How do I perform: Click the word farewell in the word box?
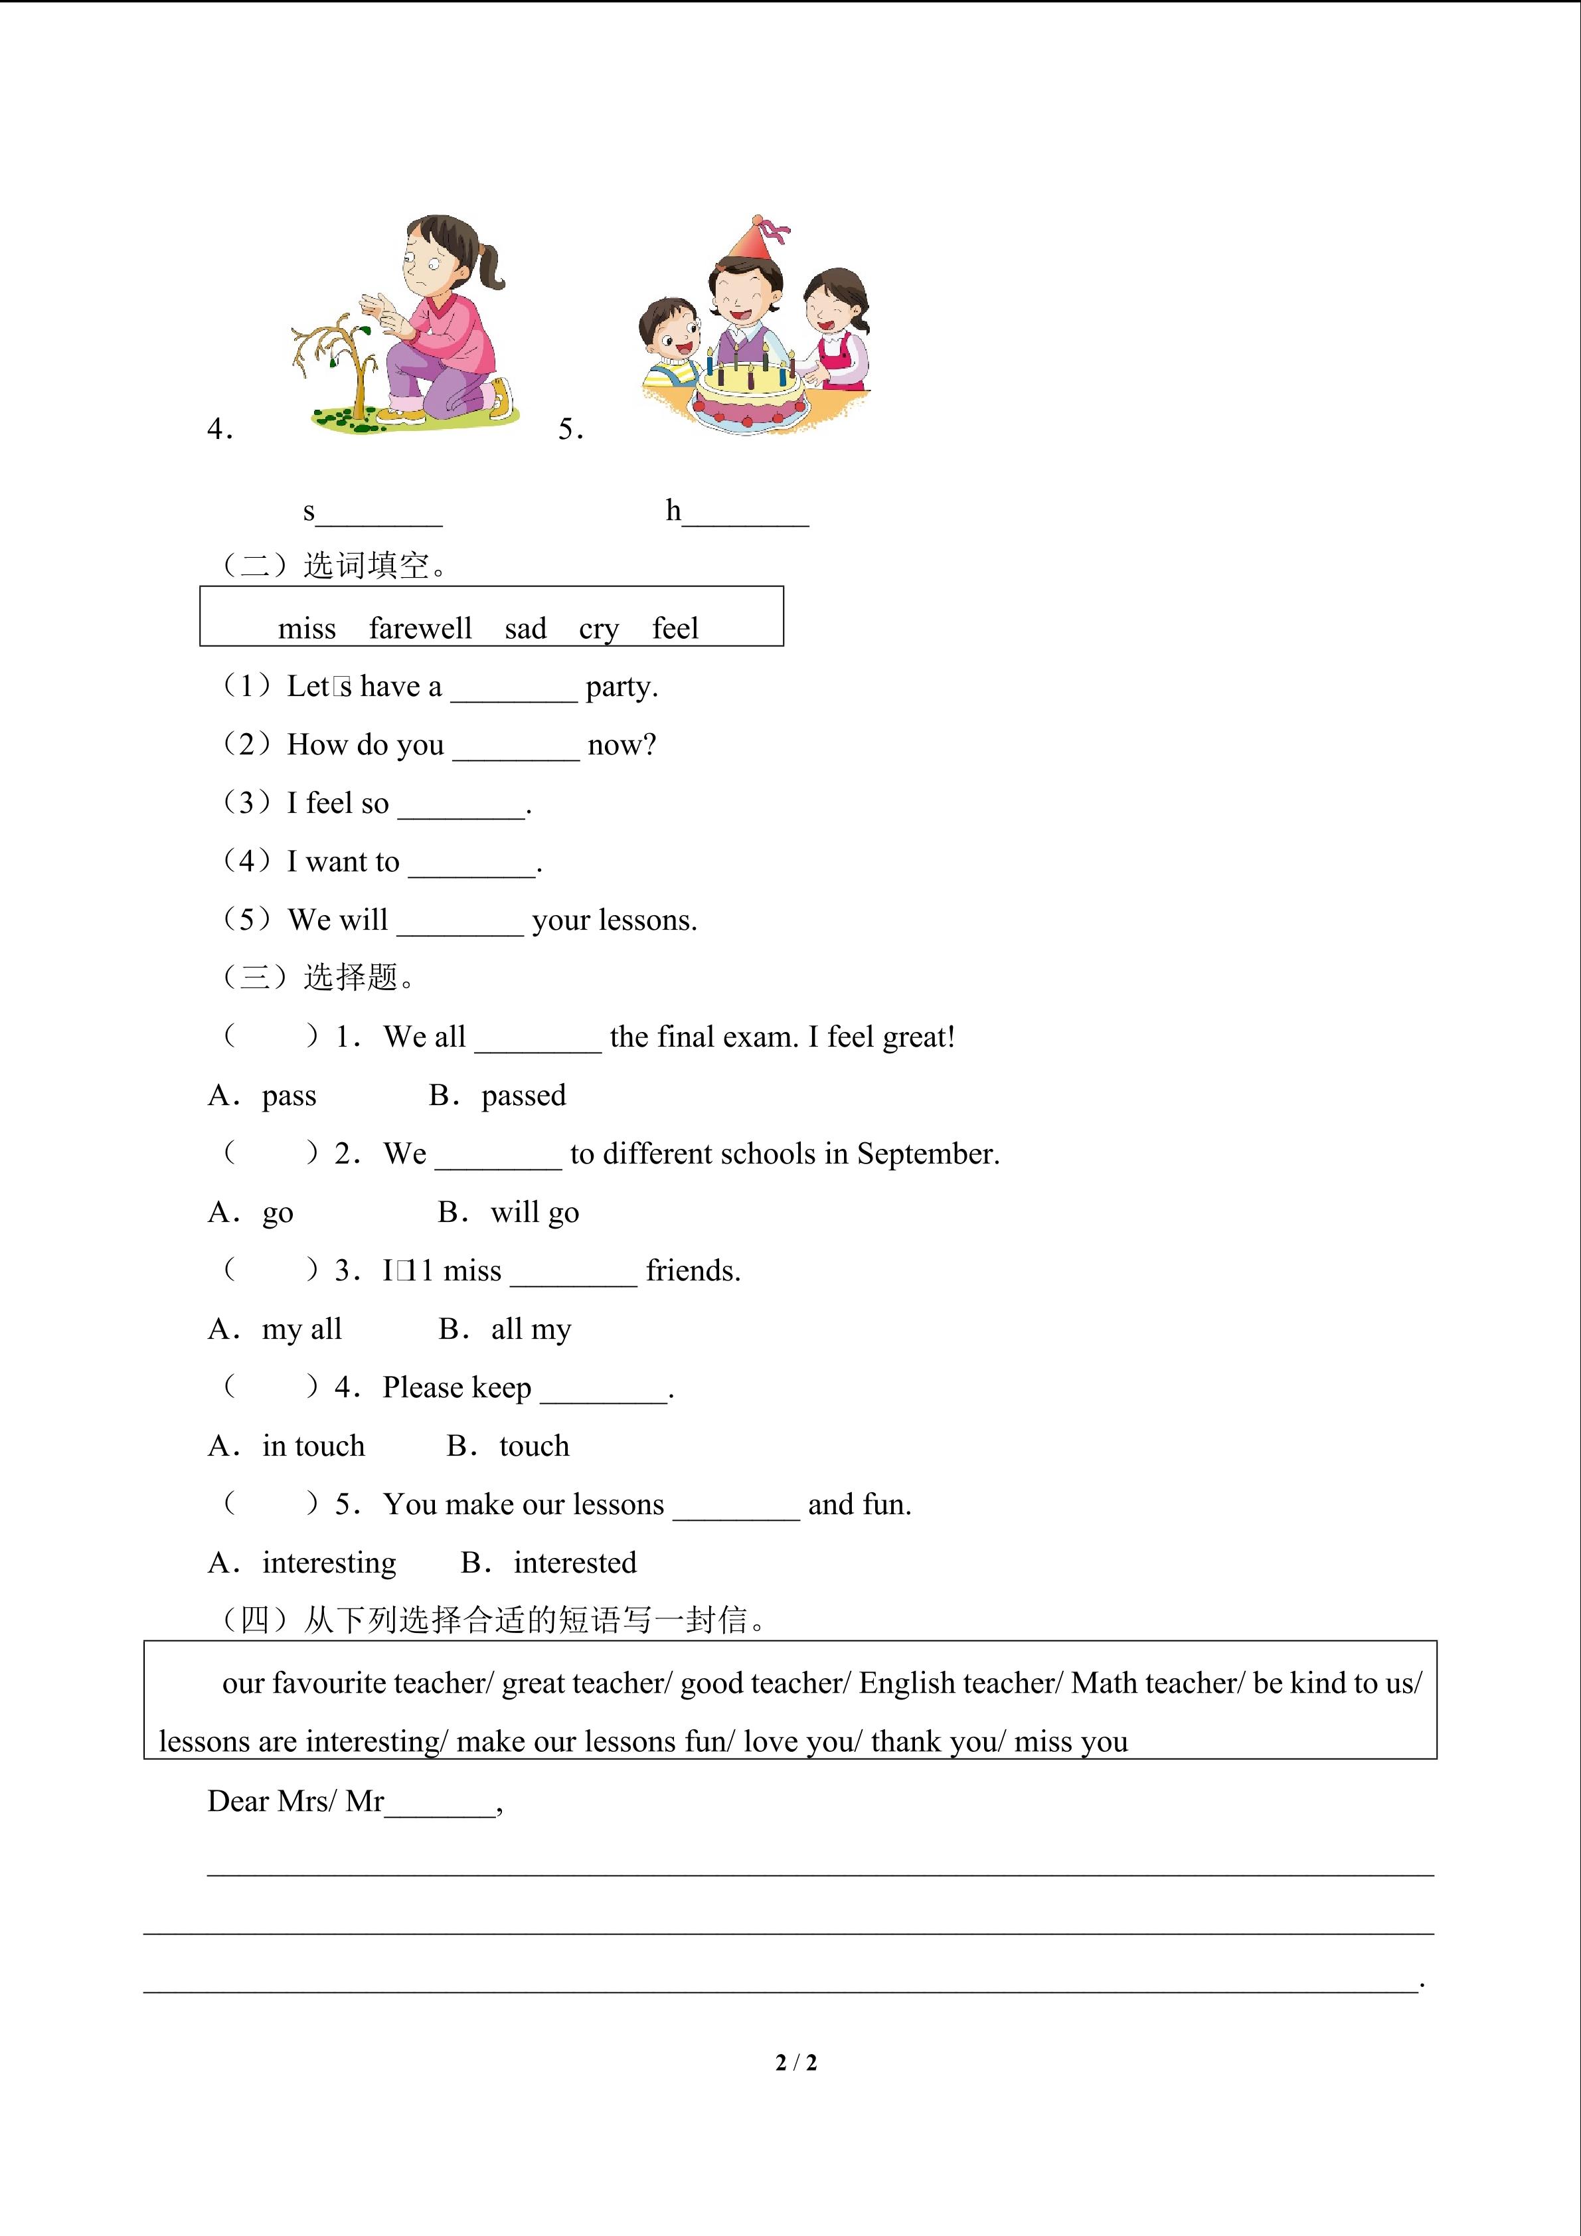[x=420, y=628]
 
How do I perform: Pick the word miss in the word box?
[x=307, y=628]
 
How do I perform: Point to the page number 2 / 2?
[x=795, y=2062]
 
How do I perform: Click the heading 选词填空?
[x=366, y=565]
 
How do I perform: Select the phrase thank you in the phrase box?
[x=934, y=1741]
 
